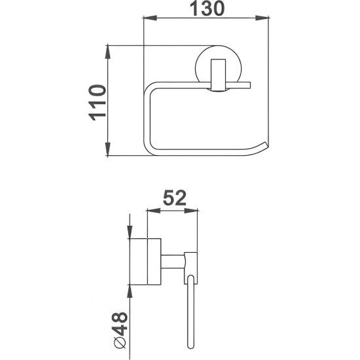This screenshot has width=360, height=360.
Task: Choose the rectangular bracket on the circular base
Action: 215,76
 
